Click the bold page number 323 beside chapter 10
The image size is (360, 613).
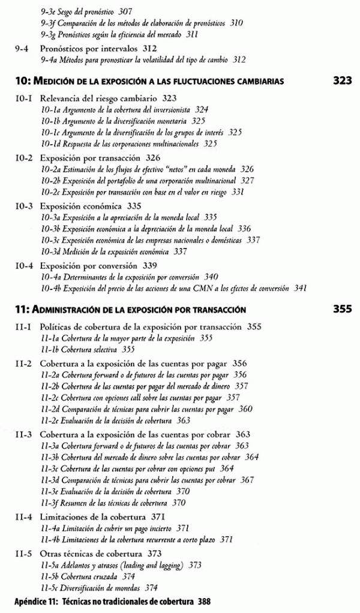[341, 80]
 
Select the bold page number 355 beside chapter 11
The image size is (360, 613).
[341, 310]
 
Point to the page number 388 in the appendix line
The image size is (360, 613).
[203, 601]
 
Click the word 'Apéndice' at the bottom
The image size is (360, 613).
[31, 601]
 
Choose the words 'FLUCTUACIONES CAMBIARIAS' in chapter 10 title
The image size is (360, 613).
[233, 81]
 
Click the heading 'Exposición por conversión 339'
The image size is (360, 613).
[98, 265]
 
